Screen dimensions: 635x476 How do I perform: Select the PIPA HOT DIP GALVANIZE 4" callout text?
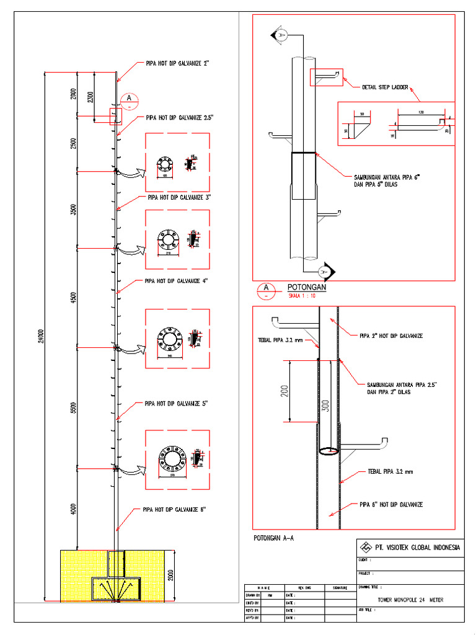176,281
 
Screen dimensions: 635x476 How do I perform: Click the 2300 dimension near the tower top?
91,97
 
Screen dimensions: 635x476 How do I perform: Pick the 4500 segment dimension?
74,297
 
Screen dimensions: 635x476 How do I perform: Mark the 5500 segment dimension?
74,407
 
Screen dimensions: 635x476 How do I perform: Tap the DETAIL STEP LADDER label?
385,87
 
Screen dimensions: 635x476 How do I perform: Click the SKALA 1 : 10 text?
301,296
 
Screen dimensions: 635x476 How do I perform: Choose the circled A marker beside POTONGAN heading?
266,288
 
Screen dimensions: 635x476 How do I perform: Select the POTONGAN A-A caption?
273,538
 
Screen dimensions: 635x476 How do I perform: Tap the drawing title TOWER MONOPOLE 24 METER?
410,600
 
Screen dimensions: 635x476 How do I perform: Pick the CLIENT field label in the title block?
366,560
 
